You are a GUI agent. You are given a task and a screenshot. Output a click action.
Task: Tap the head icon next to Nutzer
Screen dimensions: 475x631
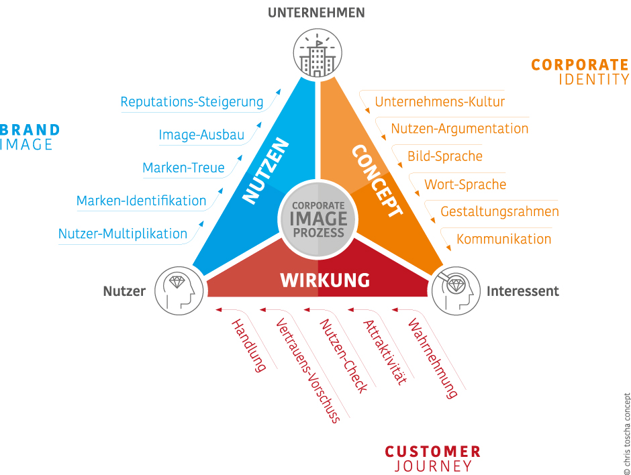coord(179,291)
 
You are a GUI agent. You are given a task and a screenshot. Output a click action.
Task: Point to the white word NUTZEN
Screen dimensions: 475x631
coord(265,171)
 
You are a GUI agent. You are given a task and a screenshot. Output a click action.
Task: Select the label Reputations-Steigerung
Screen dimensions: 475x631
coord(192,102)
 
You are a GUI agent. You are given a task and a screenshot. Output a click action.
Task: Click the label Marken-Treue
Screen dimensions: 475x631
coord(183,168)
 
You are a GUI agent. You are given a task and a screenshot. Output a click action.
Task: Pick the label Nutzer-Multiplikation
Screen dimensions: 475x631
coord(123,233)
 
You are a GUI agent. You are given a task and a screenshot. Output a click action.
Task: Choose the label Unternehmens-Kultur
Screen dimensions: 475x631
coord(440,102)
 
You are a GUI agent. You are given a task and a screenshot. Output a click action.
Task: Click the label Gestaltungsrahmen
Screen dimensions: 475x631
coord(499,211)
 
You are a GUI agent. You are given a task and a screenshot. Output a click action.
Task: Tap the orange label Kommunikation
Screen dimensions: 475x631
coord(503,239)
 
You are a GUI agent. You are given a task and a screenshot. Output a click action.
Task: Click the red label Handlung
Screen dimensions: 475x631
coord(248,345)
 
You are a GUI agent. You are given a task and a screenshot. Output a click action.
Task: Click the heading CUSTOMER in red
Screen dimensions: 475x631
coord(432,452)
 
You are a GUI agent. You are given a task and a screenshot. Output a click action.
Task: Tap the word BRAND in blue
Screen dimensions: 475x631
coord(30,129)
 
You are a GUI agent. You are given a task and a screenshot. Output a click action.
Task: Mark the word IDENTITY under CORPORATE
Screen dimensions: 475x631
coord(594,79)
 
